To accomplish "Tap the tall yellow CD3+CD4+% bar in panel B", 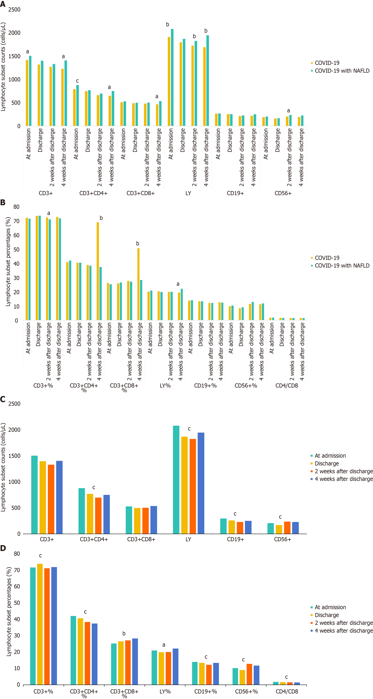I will coord(98,271).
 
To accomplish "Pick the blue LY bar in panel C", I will coord(201,483).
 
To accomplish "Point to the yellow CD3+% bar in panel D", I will coord(40,624).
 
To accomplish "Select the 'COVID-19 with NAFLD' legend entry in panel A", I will coord(342,71).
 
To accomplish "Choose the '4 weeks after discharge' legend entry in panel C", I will coord(343,479).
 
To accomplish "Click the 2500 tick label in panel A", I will coord(14,9).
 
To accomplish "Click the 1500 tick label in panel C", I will coord(14,456).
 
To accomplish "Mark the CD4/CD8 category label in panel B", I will coord(286,386).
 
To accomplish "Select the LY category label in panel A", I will coord(188,193).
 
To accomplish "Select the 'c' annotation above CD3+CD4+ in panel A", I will coord(77,81).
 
